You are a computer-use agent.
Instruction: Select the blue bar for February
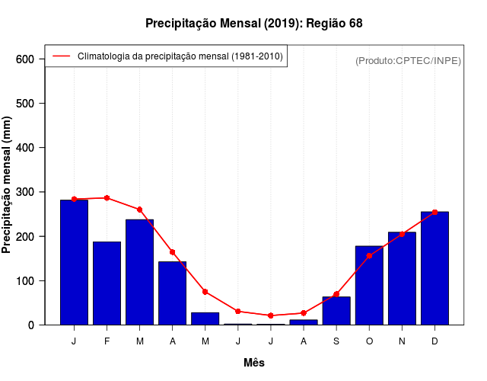pyautogui.click(x=107, y=283)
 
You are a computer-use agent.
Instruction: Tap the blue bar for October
pyautogui.click(x=369, y=285)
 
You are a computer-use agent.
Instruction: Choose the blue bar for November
pyautogui.click(x=402, y=278)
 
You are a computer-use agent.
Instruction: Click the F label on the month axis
pyautogui.click(x=107, y=341)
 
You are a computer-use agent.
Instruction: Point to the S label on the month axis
pyautogui.click(x=336, y=341)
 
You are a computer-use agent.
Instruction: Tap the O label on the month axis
pyautogui.click(x=369, y=341)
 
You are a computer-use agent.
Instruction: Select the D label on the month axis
pyautogui.click(x=434, y=341)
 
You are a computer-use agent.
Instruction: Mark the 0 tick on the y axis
pyautogui.click(x=31, y=325)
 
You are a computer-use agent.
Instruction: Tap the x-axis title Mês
pyautogui.click(x=254, y=363)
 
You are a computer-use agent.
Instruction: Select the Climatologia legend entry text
pyautogui.click(x=180, y=56)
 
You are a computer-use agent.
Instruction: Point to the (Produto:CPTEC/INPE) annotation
pyautogui.click(x=408, y=60)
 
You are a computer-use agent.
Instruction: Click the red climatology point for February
pyautogui.click(x=107, y=198)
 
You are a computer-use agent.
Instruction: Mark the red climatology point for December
pyautogui.click(x=434, y=212)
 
